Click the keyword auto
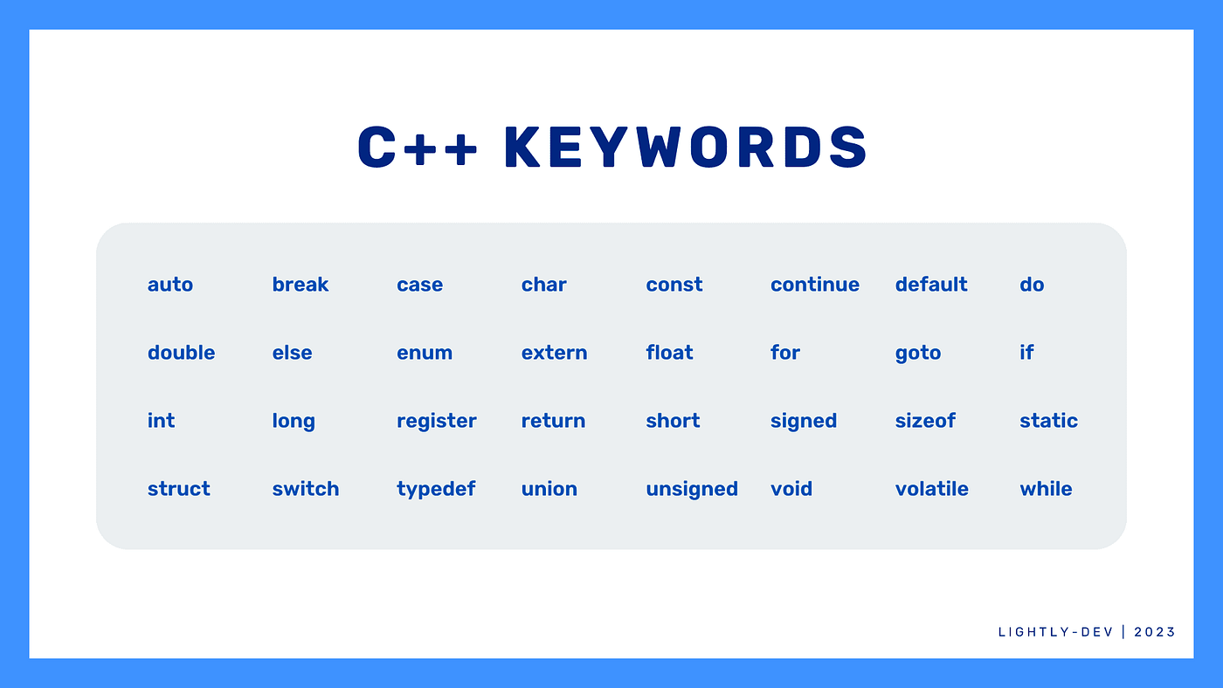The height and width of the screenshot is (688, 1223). (170, 285)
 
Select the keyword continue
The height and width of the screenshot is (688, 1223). (814, 285)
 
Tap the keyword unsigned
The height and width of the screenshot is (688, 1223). (692, 490)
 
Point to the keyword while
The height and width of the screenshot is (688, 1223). (1046, 489)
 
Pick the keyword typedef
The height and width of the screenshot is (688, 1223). (436, 490)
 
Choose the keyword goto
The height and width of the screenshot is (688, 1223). (918, 354)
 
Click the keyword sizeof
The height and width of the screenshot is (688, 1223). (925, 421)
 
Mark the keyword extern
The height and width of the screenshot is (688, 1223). (554, 353)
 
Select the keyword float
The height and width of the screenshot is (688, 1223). (669, 353)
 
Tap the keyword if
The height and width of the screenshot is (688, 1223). (1026, 353)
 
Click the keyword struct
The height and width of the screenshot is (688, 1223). (178, 489)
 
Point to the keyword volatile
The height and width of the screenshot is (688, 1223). (931, 489)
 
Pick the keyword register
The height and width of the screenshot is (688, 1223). (436, 422)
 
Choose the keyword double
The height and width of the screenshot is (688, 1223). (182, 353)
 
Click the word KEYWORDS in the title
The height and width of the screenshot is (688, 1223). (685, 148)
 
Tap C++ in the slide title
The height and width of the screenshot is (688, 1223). (418, 148)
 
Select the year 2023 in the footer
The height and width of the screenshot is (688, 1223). (1154, 632)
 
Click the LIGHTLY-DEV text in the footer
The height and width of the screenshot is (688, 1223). (1055, 632)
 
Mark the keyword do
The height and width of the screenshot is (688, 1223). (1032, 285)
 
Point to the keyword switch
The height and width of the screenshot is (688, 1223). (305, 489)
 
